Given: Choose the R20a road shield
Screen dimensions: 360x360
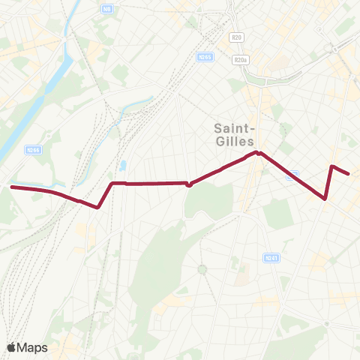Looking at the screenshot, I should (240, 60).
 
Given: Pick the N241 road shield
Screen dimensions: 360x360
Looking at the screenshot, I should (271, 258).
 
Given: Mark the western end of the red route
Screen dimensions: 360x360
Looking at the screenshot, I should (10, 187).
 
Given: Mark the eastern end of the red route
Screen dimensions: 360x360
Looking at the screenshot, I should (349, 173).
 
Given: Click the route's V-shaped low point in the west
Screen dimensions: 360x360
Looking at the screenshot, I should (98, 208).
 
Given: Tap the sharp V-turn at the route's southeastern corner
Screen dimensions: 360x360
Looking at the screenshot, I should (324, 199).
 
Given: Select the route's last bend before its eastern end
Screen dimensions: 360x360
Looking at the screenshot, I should (332, 166).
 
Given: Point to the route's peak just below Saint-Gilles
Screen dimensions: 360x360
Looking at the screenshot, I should (256, 152).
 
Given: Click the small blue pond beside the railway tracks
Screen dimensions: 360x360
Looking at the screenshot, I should (122, 165).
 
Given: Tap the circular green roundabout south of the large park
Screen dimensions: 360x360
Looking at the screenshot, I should (202, 269).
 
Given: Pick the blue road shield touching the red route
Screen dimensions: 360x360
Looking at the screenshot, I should (294, 174).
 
